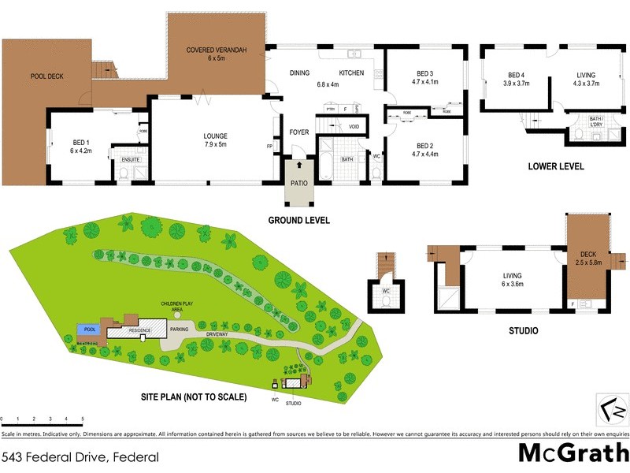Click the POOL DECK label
pyautogui.click(x=46, y=76)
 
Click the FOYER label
pyautogui.click(x=299, y=132)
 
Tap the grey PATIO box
pyautogui.click(x=299, y=183)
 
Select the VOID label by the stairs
pyautogui.click(x=354, y=126)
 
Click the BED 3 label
pyautogui.click(x=424, y=76)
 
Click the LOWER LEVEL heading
pyautogui.click(x=557, y=166)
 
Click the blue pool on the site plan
pyautogui.click(x=87, y=330)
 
